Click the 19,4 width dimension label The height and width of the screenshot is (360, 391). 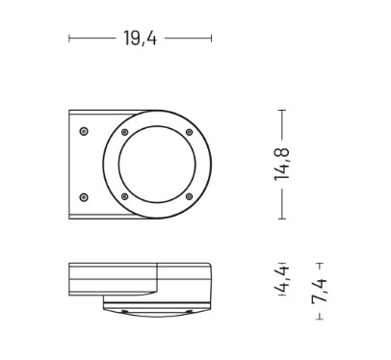pyautogui.click(x=141, y=39)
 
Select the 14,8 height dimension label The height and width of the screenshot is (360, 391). pyautogui.click(x=282, y=165)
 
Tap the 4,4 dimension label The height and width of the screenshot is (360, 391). pyautogui.click(x=282, y=279)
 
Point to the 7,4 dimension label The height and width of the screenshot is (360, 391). pyautogui.click(x=319, y=291)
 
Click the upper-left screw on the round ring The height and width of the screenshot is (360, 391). pyautogui.click(x=125, y=132)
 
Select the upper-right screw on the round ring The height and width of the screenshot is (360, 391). pyautogui.click(x=190, y=132)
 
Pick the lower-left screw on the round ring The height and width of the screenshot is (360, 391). pyautogui.click(x=125, y=196)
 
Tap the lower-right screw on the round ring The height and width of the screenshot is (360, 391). pyautogui.click(x=190, y=196)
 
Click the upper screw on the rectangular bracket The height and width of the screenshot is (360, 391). pyautogui.click(x=84, y=131)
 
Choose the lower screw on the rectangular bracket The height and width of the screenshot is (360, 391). pyautogui.click(x=84, y=197)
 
